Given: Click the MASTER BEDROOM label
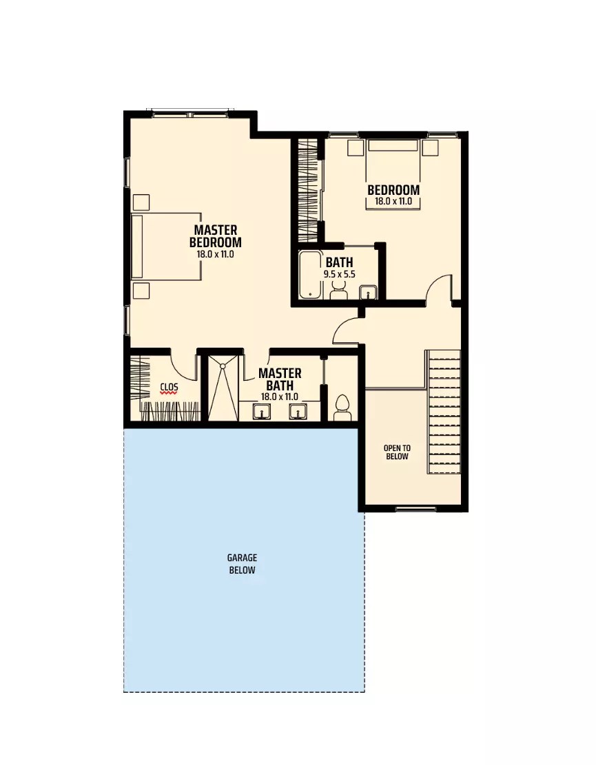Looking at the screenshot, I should pos(215,235).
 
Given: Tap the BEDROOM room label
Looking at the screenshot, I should pos(393,190).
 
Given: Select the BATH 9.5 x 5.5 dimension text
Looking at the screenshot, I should pos(339,274).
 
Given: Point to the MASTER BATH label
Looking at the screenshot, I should pos(280,379).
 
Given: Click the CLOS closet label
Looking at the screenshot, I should pos(169,388).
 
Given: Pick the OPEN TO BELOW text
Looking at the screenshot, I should pos(397,452).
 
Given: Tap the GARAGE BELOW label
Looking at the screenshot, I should pos(242,564).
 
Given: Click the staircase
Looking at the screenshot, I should pos(444,412).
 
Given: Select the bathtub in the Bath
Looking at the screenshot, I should pos(310,275).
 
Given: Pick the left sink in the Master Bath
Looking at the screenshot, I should pos(261,412).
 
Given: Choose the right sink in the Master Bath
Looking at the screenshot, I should pos(298,412).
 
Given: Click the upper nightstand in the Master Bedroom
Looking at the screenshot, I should pos(141,202).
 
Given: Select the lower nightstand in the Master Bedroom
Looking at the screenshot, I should pos(141,290).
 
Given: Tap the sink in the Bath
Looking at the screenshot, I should pos(369,293).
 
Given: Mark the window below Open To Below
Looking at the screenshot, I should pos(415,510).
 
